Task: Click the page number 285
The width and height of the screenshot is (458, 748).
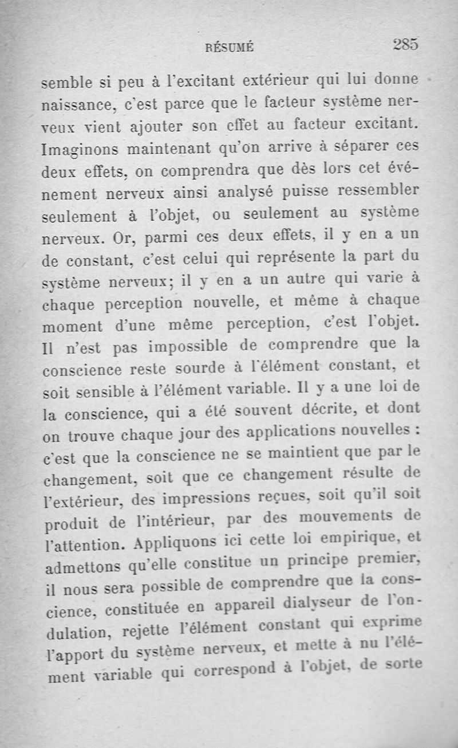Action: tap(406, 45)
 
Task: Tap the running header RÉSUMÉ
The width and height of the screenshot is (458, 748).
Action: tap(229, 49)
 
